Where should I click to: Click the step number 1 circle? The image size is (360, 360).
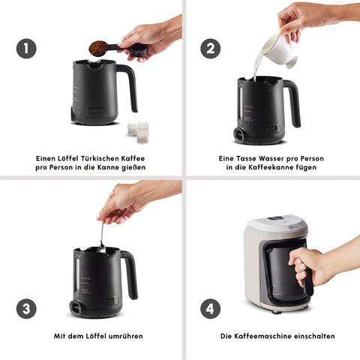coord(26,49)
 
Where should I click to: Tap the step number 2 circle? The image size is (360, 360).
coord(211,49)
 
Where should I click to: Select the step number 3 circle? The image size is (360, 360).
coord(26,309)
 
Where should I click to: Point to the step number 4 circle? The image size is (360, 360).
coord(211,309)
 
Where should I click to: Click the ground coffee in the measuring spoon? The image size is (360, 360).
coord(98,48)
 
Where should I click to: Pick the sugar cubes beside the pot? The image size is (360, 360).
coord(138,132)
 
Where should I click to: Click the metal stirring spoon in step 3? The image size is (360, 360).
coord(101,237)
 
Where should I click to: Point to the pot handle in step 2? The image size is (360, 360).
coord(293,103)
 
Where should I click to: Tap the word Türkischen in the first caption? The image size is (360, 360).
coord(100,158)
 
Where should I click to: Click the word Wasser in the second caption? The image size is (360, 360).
coord(271,158)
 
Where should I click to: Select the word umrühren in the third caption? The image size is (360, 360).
coord(126,336)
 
